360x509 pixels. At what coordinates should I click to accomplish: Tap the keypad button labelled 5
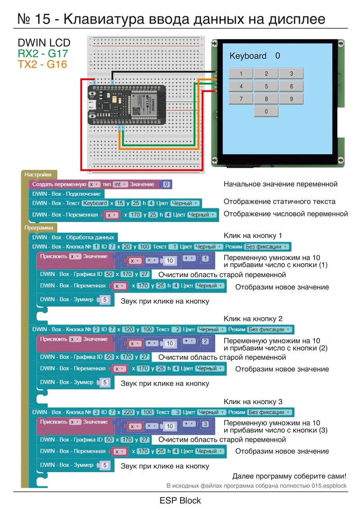tap(266, 86)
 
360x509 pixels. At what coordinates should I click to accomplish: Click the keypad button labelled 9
tap(291, 99)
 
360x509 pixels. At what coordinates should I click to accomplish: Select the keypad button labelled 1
tap(241, 74)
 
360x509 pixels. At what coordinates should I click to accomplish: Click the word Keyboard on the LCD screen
tap(248, 56)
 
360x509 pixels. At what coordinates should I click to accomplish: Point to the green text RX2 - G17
tap(43, 53)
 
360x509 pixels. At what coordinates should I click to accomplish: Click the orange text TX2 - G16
tap(42, 64)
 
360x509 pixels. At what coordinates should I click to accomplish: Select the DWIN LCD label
tap(44, 43)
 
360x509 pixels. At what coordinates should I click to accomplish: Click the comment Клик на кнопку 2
tap(253, 319)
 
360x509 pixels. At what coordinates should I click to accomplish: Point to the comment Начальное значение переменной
tap(280, 184)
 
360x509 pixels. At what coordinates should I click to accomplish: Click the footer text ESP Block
tap(180, 500)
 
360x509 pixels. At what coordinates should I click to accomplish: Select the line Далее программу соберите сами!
tap(289, 476)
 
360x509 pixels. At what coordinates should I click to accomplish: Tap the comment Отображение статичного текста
tap(279, 202)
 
